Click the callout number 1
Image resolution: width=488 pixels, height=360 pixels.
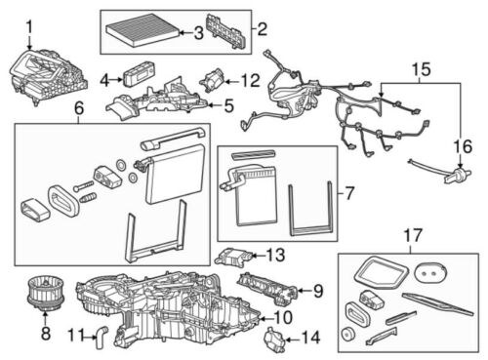(29, 27)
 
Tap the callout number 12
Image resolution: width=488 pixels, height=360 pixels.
(251, 81)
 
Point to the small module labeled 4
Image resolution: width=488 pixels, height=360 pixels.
(139, 74)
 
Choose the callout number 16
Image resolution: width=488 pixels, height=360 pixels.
(463, 146)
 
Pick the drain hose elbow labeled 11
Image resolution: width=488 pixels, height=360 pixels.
(102, 338)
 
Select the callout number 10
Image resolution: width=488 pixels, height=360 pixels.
(283, 317)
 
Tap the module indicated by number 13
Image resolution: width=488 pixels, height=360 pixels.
(232, 257)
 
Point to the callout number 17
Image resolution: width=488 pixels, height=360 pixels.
(413, 235)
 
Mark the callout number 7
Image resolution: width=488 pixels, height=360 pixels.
(349, 193)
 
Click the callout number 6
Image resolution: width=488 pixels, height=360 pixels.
(79, 108)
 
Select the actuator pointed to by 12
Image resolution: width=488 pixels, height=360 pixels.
(213, 81)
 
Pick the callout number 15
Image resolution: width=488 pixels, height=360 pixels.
(421, 69)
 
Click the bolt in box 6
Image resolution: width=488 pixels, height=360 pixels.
(84, 186)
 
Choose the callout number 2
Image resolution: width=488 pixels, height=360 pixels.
(263, 29)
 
